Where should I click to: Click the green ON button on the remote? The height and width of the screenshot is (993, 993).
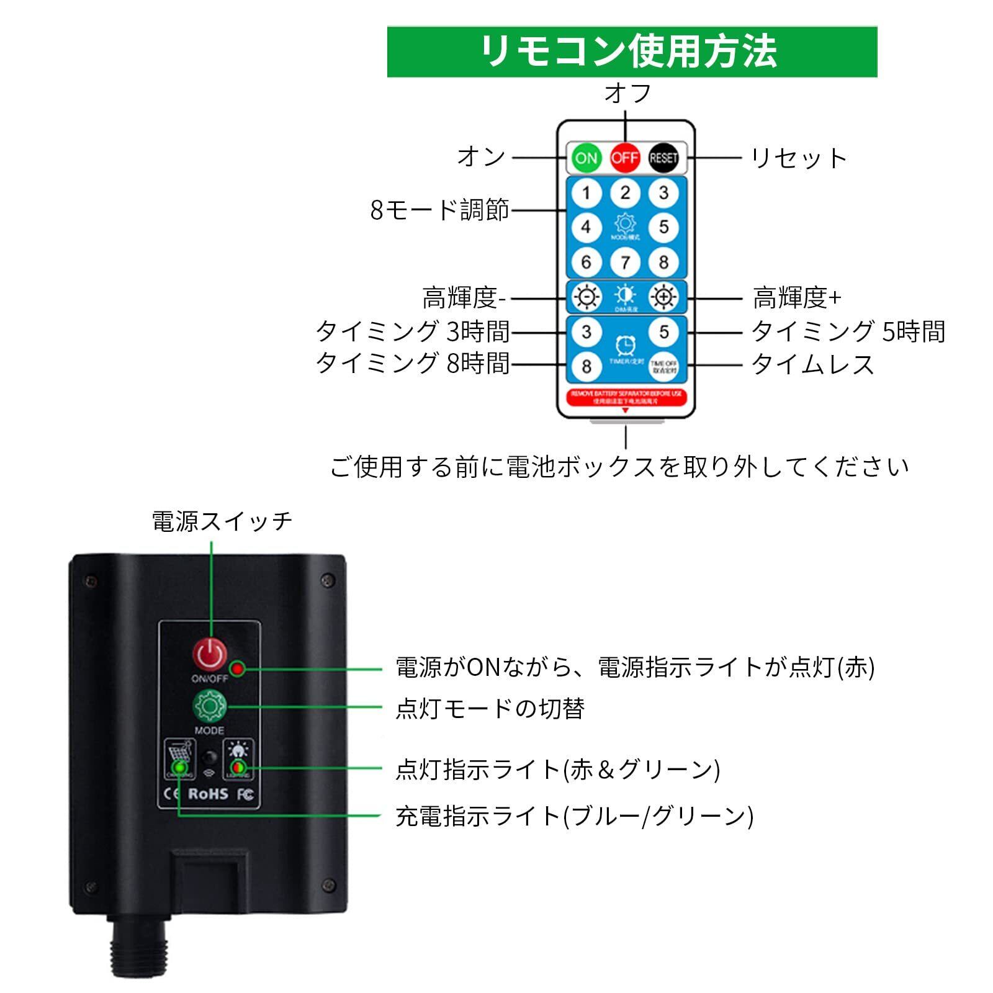pos(586,158)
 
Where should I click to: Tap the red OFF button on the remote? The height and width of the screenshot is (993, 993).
pos(625,158)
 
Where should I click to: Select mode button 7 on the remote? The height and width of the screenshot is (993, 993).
pos(625,262)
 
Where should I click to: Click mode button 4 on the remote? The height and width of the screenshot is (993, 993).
pos(586,227)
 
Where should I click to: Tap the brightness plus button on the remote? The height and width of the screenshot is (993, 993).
pos(663,297)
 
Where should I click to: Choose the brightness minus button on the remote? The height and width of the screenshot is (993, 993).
pos(586,297)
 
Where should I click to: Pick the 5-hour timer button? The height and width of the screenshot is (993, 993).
pos(663,332)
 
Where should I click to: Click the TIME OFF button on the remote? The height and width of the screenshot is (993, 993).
pos(663,367)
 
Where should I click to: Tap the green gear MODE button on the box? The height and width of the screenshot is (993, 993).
pos(210,706)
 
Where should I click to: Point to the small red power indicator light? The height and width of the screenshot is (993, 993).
pos(237,669)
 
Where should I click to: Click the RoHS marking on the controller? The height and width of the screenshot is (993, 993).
pos(208,794)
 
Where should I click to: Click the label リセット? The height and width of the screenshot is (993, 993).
pos(799,158)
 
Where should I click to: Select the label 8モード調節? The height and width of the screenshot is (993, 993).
pos(439,210)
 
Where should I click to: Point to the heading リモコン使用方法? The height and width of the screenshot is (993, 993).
pos(631,52)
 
